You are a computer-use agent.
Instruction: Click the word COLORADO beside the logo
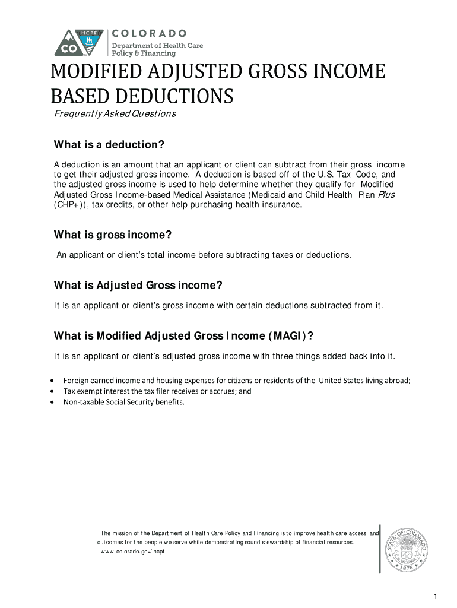[150, 33]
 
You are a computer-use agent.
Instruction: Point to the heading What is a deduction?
[109, 145]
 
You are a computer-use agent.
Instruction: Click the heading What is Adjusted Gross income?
[138, 286]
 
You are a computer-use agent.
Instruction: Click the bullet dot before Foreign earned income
[53, 381]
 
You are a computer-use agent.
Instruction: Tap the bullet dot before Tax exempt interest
[53, 392]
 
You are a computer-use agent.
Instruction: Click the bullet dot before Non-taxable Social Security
[53, 403]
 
